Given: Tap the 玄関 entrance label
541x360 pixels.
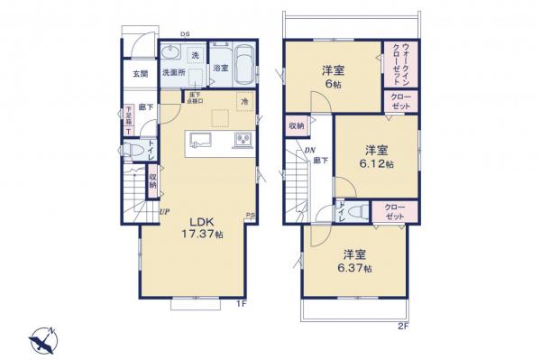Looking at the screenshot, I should point(142,73).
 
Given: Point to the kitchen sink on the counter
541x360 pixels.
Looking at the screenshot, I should point(200,141).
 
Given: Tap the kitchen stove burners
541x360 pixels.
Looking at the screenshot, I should point(242,140).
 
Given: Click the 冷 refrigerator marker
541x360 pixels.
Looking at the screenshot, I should point(243,102).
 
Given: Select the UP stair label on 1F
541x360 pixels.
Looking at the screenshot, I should point(165,213).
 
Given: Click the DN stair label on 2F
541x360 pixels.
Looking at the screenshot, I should point(308,152).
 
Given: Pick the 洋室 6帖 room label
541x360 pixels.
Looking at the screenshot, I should point(332,76).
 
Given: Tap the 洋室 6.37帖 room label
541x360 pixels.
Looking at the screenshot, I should point(353,260).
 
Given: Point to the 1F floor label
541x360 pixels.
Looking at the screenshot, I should point(241,304).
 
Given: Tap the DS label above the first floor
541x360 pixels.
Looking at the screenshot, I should point(184,35).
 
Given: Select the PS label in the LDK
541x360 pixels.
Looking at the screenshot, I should point(250,214).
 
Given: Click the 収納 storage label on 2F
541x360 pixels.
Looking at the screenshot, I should point(296,125).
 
